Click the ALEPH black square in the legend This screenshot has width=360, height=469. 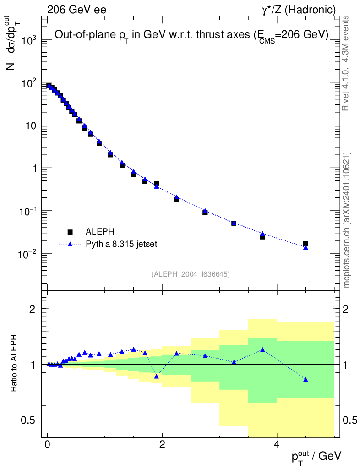pos(70,231)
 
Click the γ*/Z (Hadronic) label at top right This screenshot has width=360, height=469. pos(298,9)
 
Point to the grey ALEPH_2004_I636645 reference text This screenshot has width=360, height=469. pos(190,274)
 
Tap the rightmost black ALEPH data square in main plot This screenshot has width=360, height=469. pos(305,244)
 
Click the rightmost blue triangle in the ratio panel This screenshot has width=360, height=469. pos(305,379)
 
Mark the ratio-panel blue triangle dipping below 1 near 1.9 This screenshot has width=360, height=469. pos(156,376)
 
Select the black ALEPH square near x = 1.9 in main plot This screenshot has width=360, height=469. pos(156,183)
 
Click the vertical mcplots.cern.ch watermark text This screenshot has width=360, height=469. pos(347,220)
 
